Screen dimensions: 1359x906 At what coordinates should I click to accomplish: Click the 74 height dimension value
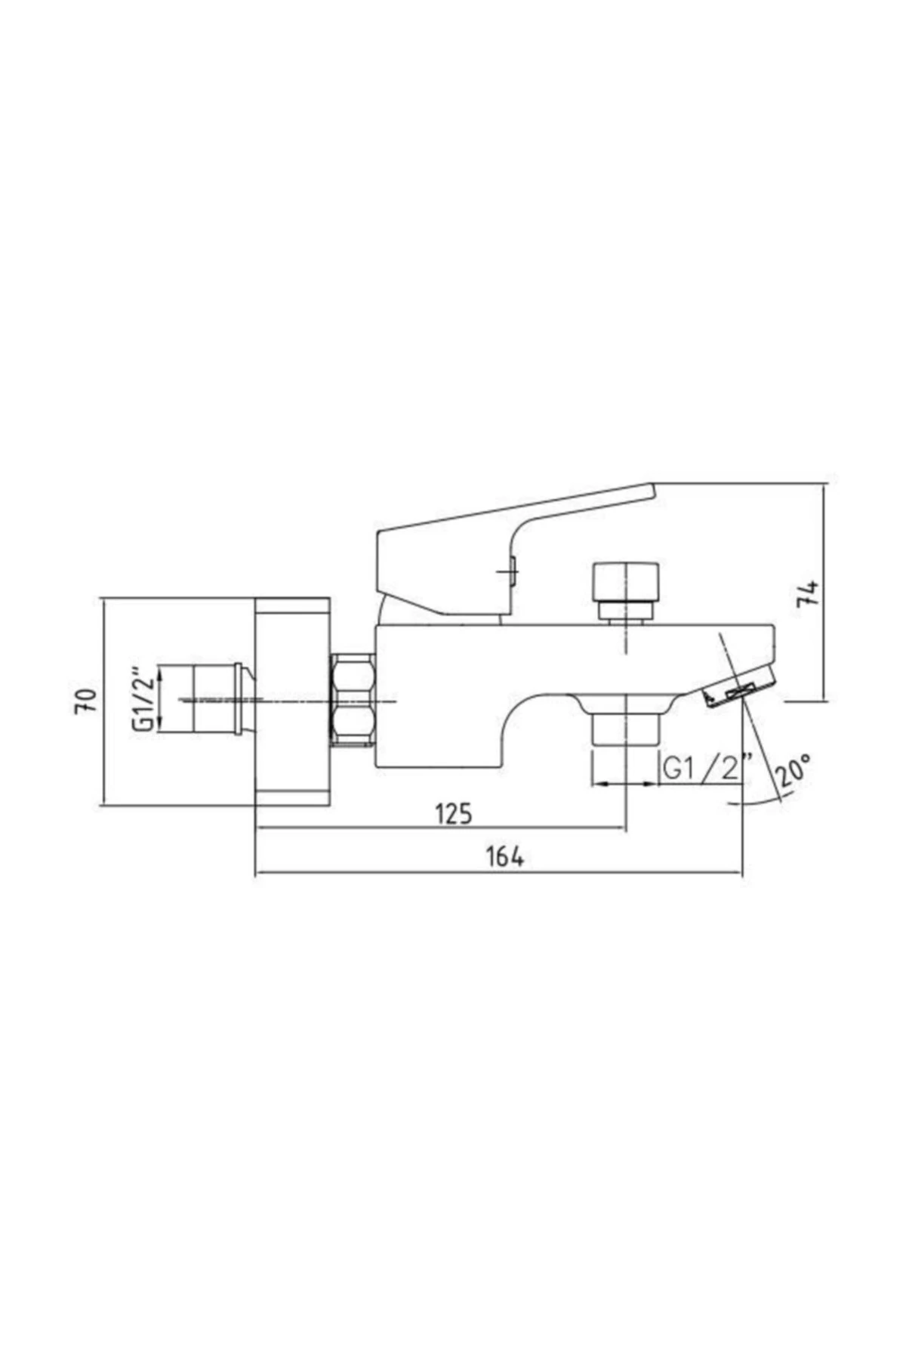(809, 593)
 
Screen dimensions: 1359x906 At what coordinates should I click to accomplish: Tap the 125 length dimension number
(454, 814)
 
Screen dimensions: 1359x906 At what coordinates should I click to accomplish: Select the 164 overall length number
(504, 857)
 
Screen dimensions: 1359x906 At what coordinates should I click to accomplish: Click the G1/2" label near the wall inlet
(143, 698)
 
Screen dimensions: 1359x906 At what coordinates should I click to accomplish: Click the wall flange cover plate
(292, 702)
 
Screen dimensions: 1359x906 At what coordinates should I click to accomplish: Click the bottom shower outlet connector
(626, 730)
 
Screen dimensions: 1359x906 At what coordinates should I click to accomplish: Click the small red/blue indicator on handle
(513, 572)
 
